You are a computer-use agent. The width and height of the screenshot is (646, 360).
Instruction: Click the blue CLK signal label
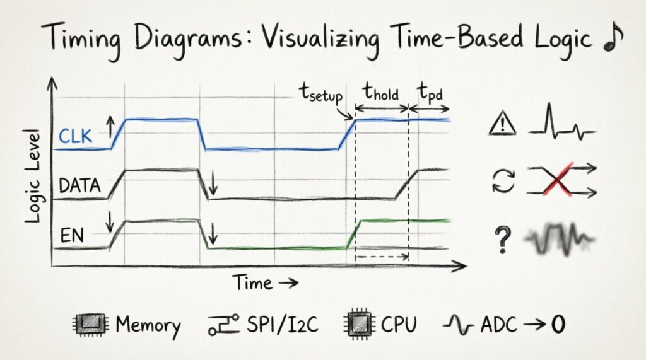point(76,136)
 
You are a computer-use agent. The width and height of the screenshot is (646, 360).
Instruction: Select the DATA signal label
point(80,186)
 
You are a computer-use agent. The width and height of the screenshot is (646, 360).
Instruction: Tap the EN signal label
point(72,236)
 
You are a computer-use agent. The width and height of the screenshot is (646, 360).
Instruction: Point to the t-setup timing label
point(321,93)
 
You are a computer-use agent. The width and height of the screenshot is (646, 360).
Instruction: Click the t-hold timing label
point(381,92)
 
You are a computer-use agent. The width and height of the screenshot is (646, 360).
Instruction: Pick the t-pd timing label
point(430,93)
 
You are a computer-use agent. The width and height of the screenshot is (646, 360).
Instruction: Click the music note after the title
point(613,37)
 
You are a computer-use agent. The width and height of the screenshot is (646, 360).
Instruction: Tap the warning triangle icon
point(502,124)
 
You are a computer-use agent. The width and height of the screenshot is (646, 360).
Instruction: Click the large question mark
point(502,239)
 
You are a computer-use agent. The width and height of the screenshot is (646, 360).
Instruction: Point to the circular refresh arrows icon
point(503,181)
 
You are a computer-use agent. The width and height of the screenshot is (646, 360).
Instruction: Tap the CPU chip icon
point(359,324)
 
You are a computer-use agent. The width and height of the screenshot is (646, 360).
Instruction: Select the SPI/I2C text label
point(283,324)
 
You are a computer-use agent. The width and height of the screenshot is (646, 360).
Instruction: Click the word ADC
point(498,325)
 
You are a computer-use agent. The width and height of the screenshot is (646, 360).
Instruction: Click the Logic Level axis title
point(33,177)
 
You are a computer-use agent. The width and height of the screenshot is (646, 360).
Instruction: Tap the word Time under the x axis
point(252,282)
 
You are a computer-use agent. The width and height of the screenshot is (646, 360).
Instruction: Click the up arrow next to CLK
point(110,127)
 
